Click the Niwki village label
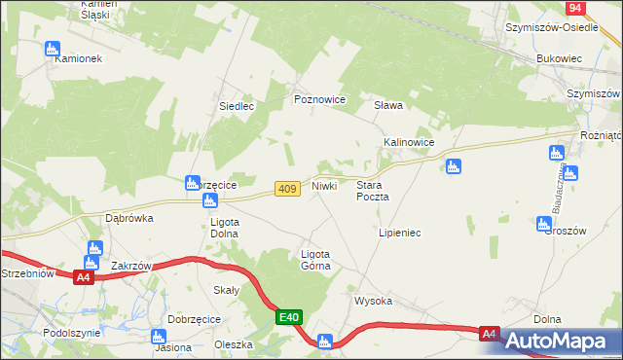tap(324, 185)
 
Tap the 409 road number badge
tap(286, 189)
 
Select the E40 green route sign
tap(289, 317)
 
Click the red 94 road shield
tap(576, 8)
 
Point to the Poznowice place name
tap(320, 99)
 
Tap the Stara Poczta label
tap(373, 190)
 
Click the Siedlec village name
tap(237, 106)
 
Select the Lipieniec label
tap(399, 234)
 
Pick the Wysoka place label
tap(373, 301)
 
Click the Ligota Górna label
tap(315, 259)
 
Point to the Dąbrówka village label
tap(129, 219)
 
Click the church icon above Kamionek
tap(53, 48)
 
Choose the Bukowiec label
tap(559, 58)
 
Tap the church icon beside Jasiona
tap(160, 336)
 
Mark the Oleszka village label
tap(234, 344)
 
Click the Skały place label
tap(226, 290)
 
